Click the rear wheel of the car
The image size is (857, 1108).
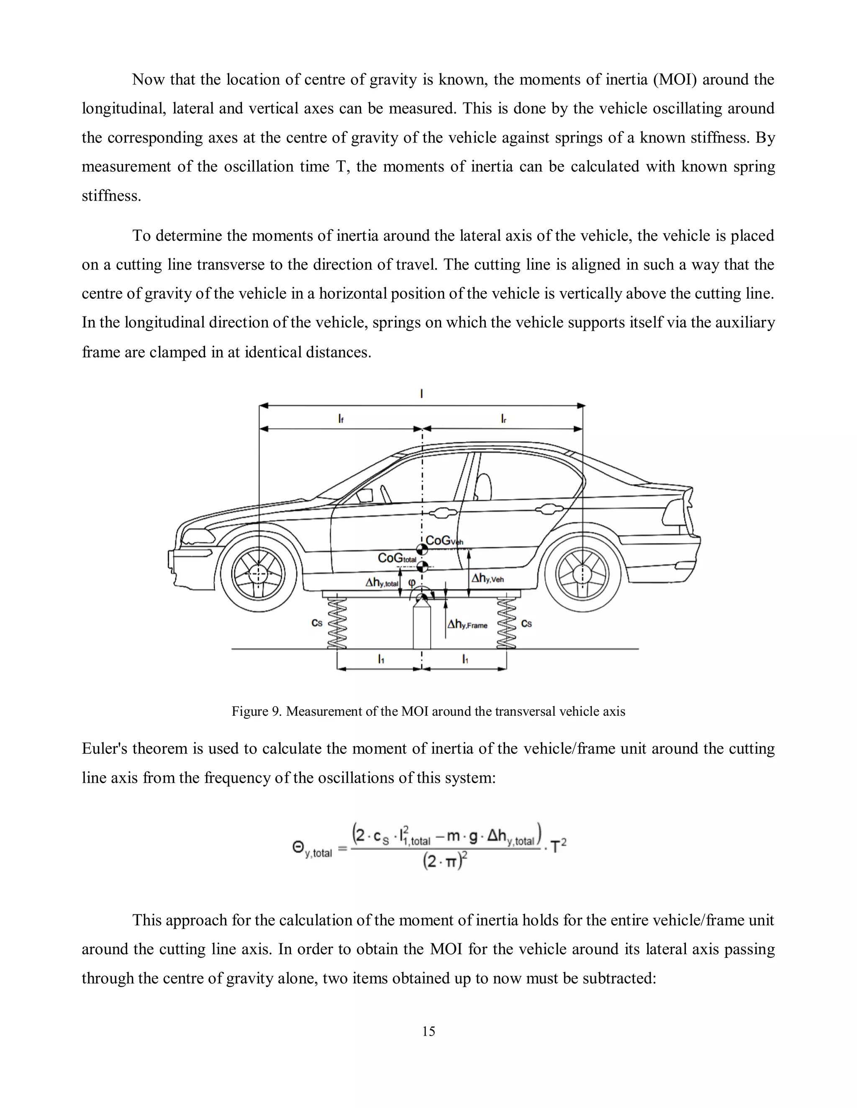(582, 574)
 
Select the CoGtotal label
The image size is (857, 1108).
(397, 558)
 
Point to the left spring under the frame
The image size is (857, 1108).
(337, 623)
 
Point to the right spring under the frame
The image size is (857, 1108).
(507, 623)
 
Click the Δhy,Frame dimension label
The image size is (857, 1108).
(467, 625)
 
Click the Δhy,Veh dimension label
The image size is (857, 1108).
(488, 578)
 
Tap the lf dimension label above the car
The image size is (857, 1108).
(341, 419)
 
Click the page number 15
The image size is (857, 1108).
(428, 1031)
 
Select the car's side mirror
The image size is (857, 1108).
(364, 495)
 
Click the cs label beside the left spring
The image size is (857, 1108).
(317, 623)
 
